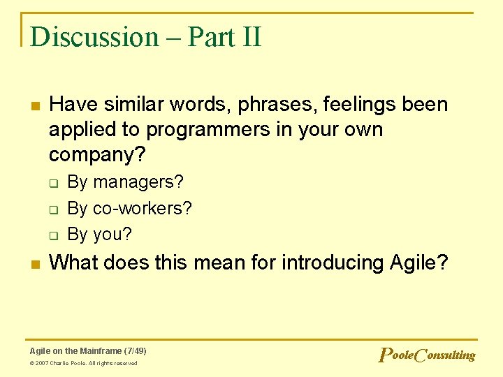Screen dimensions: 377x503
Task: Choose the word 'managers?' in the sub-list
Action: tap(138, 182)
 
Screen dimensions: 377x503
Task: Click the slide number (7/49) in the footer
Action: tap(135, 350)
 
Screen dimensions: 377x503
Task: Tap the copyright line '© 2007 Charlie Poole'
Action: tap(83, 363)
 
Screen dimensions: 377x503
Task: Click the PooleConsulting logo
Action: tap(426, 355)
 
